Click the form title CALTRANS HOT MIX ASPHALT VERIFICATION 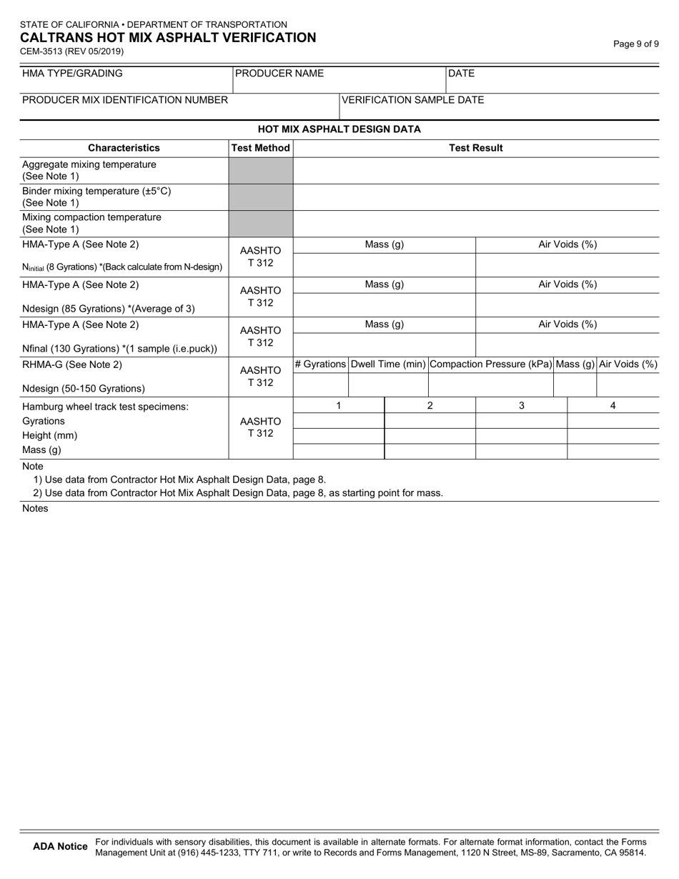pyautogui.click(x=168, y=38)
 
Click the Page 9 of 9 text pyautogui.click(x=636, y=44)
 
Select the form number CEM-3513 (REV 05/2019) pyautogui.click(x=71, y=51)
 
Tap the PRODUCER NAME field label pyautogui.click(x=279, y=73)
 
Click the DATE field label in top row pyautogui.click(x=461, y=73)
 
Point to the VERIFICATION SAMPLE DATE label pyautogui.click(x=412, y=99)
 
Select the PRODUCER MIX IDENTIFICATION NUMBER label pyautogui.click(x=125, y=99)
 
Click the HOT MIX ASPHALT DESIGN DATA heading pyautogui.click(x=339, y=129)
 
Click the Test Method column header pyautogui.click(x=260, y=148)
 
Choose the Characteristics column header pyautogui.click(x=124, y=148)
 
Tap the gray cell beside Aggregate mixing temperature pyautogui.click(x=260, y=171)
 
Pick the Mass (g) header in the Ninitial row pyautogui.click(x=385, y=244)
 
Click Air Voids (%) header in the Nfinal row pyautogui.click(x=568, y=324)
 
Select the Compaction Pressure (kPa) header pyautogui.click(x=491, y=364)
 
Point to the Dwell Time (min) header pyautogui.click(x=388, y=364)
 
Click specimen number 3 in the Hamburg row pyautogui.click(x=522, y=405)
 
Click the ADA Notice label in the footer pyautogui.click(x=61, y=846)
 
